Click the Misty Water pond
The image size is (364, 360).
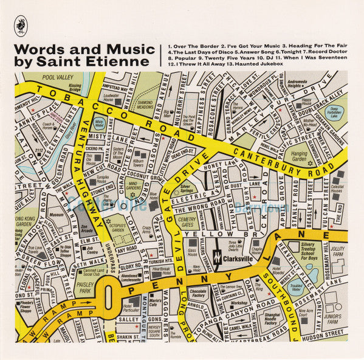tap(98, 122)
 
